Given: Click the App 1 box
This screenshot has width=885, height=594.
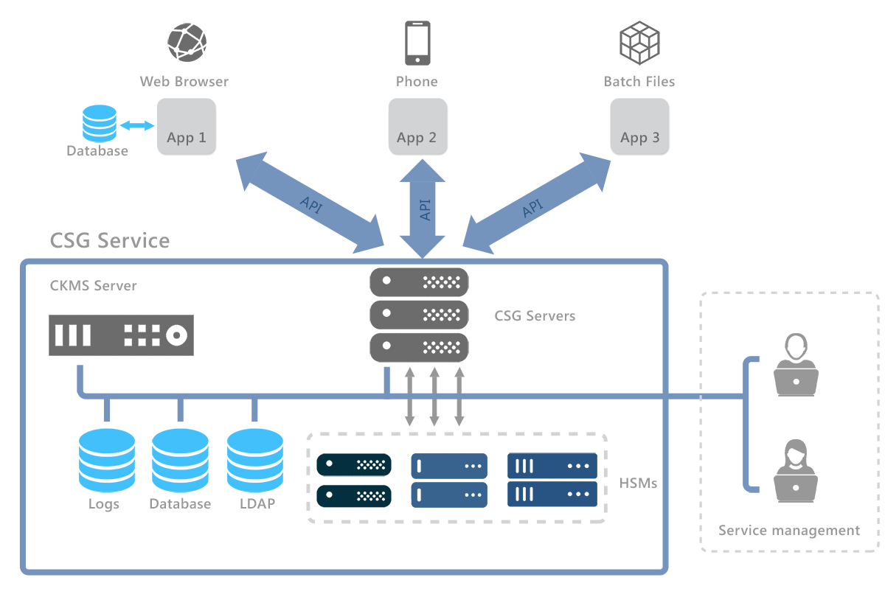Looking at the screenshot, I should (x=186, y=126).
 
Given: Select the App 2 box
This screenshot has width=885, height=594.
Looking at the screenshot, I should (x=417, y=126).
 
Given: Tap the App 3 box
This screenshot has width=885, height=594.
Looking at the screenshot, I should (x=639, y=126).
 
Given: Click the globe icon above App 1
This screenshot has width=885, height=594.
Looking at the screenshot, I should (x=187, y=41).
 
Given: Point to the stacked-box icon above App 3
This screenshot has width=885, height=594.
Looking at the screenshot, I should (x=639, y=42).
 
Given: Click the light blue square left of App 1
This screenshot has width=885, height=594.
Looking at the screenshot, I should (x=100, y=123).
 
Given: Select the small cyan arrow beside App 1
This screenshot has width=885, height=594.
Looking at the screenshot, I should (x=136, y=125).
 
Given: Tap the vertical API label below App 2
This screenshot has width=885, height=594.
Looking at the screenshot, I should (x=424, y=209).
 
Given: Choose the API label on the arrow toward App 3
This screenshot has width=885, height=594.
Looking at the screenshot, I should (x=532, y=209).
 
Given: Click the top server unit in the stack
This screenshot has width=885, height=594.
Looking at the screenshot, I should (x=419, y=282).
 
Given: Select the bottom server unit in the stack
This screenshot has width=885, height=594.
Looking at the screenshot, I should (x=419, y=347).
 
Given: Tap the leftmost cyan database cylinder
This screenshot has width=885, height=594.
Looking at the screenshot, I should (x=107, y=461).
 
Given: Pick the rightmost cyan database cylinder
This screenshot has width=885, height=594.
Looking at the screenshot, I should (x=255, y=461).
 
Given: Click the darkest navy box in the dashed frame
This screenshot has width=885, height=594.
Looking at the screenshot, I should (x=354, y=480).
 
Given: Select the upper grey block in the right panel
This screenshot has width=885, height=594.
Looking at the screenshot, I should (x=794, y=364).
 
